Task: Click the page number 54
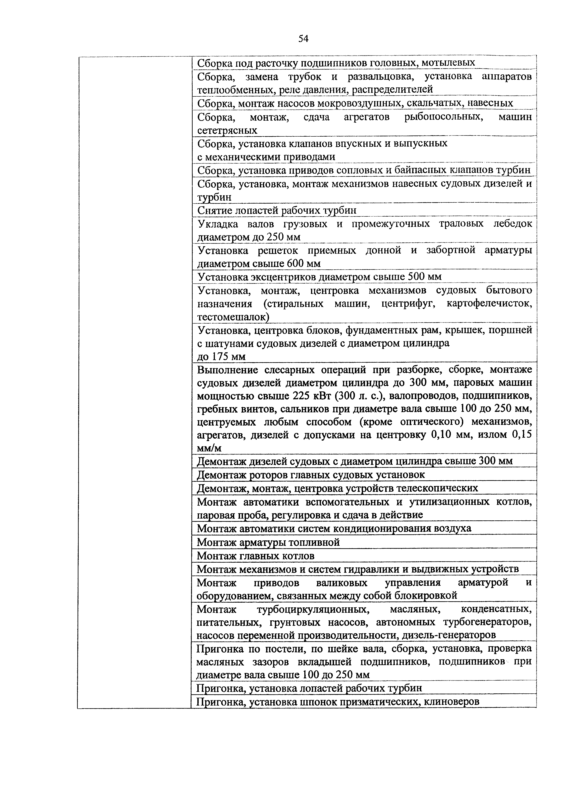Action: pos(303,39)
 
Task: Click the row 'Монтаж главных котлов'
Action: pos(255,556)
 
